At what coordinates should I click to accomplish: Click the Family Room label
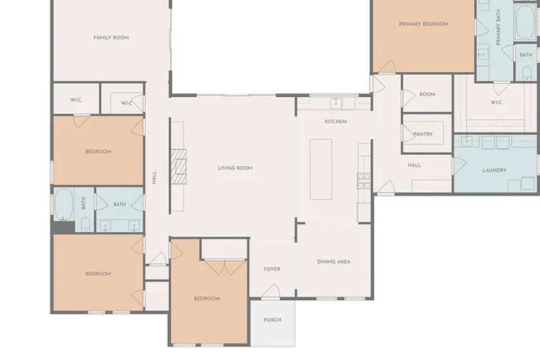point(111,38)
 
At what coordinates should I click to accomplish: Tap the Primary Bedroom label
point(424,24)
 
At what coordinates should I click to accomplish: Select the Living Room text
point(235,168)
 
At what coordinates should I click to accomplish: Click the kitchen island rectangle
point(320,169)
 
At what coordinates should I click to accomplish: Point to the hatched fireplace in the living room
point(179,167)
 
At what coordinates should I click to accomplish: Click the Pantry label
point(423,134)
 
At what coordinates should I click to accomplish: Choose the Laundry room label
point(495,170)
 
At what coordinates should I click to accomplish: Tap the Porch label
point(273,320)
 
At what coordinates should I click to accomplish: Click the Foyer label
point(272,269)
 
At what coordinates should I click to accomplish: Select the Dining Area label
point(334,262)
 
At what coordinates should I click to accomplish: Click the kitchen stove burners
point(364,181)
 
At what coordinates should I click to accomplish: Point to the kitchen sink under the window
point(336,103)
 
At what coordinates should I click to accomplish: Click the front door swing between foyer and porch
point(271,291)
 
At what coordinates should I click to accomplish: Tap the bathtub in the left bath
point(64,205)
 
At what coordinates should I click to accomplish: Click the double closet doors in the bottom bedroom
point(225,267)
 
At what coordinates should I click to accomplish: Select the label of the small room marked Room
point(427,95)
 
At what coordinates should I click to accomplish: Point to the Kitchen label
point(336,121)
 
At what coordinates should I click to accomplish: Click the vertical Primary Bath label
point(498,27)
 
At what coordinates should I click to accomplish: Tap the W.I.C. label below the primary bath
point(497,102)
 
